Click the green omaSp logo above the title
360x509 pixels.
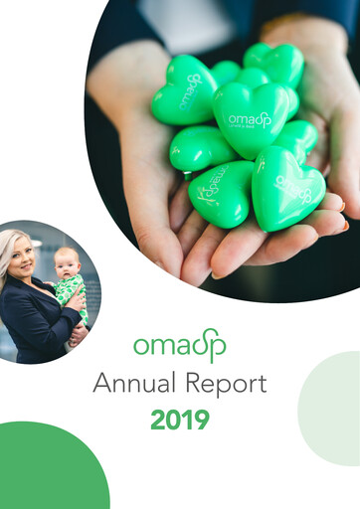(x=180, y=345)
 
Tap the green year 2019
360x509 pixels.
(x=180, y=420)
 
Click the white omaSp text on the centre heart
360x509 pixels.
(x=250, y=119)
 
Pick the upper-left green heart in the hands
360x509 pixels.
(x=184, y=90)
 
